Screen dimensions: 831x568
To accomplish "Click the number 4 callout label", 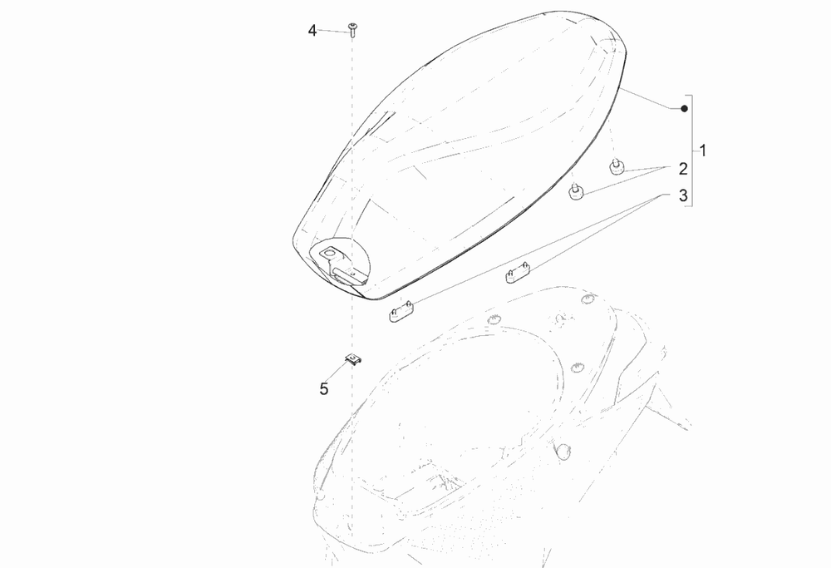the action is click(312, 31).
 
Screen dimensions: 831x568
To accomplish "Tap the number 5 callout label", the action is click(324, 388).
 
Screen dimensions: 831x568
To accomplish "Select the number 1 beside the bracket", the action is click(703, 151).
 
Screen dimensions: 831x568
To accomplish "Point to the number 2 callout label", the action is click(683, 169).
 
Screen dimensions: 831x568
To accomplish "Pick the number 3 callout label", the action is click(683, 195).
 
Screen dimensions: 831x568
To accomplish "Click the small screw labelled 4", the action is click(352, 29).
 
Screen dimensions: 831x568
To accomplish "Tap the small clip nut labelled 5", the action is click(353, 359).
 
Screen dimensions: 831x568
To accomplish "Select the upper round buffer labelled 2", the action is click(616, 166).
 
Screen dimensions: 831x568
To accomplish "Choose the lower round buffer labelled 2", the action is click(576, 192).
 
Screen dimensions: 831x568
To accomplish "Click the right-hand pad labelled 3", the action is click(518, 274).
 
